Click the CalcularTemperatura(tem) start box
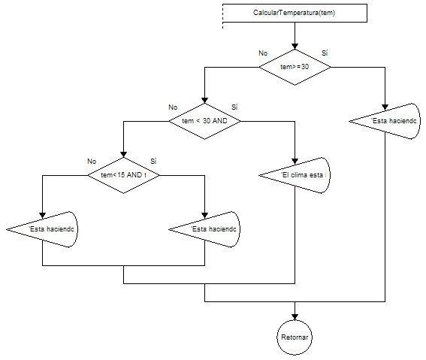(295, 14)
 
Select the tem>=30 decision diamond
(295, 66)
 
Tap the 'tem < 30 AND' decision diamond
(204, 120)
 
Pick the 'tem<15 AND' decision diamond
(123, 175)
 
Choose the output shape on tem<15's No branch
(43, 229)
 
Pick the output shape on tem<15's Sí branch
(205, 229)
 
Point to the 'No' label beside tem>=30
(263, 53)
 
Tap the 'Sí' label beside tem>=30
(325, 53)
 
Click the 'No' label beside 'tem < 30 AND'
(173, 107)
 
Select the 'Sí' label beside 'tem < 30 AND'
(234, 107)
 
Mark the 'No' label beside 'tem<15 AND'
(92, 162)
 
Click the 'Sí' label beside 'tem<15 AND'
(153, 162)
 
